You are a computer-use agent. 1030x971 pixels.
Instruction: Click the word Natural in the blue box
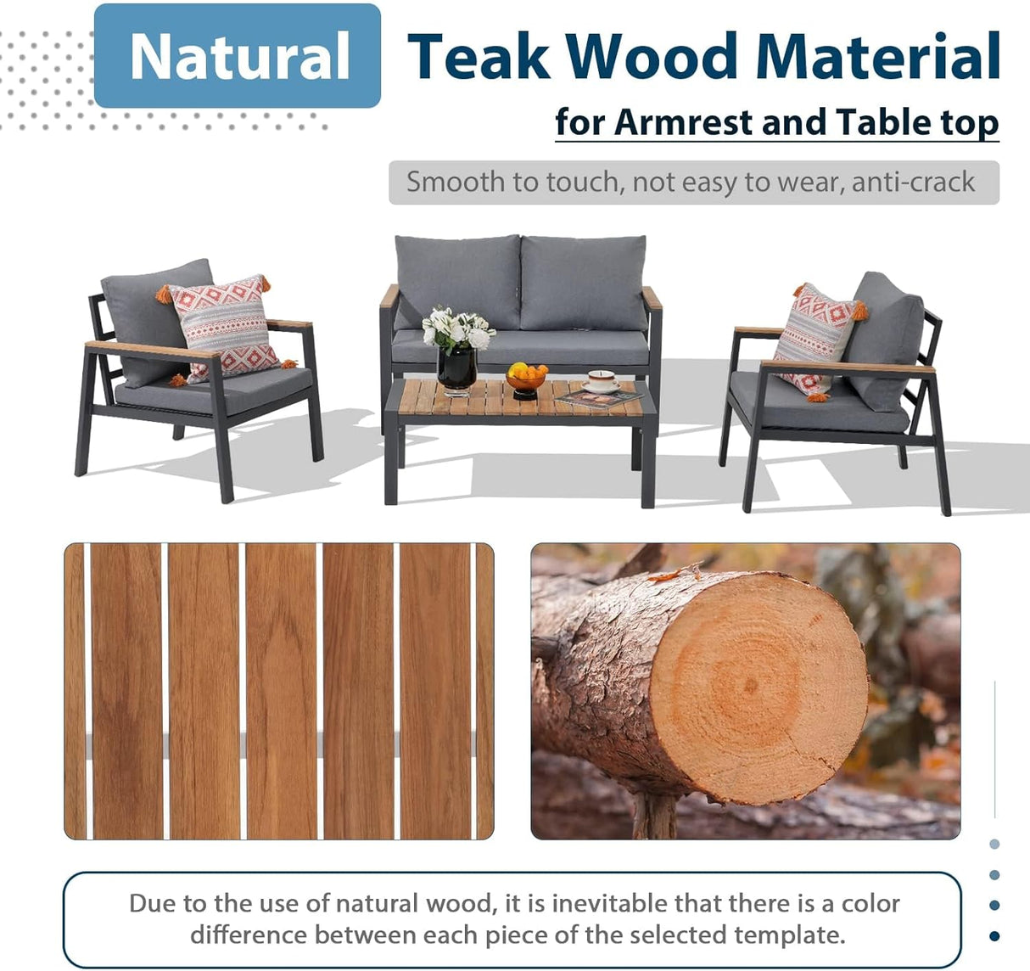tap(238, 57)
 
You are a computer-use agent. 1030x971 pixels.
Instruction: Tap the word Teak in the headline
tap(479, 57)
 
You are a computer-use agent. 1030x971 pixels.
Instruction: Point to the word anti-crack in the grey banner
tap(913, 182)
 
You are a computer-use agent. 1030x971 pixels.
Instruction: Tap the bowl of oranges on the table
tap(526, 375)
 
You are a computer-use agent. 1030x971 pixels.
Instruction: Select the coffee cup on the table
tap(602, 381)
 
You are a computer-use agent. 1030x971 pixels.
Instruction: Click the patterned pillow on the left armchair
tap(224, 326)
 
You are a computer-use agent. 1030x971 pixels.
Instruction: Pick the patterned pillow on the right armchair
tap(814, 337)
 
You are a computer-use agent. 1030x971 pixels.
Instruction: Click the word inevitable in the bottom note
tap(610, 903)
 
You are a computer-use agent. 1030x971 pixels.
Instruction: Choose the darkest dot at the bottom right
tap(994, 936)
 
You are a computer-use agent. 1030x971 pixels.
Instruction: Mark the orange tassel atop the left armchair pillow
tap(164, 295)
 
